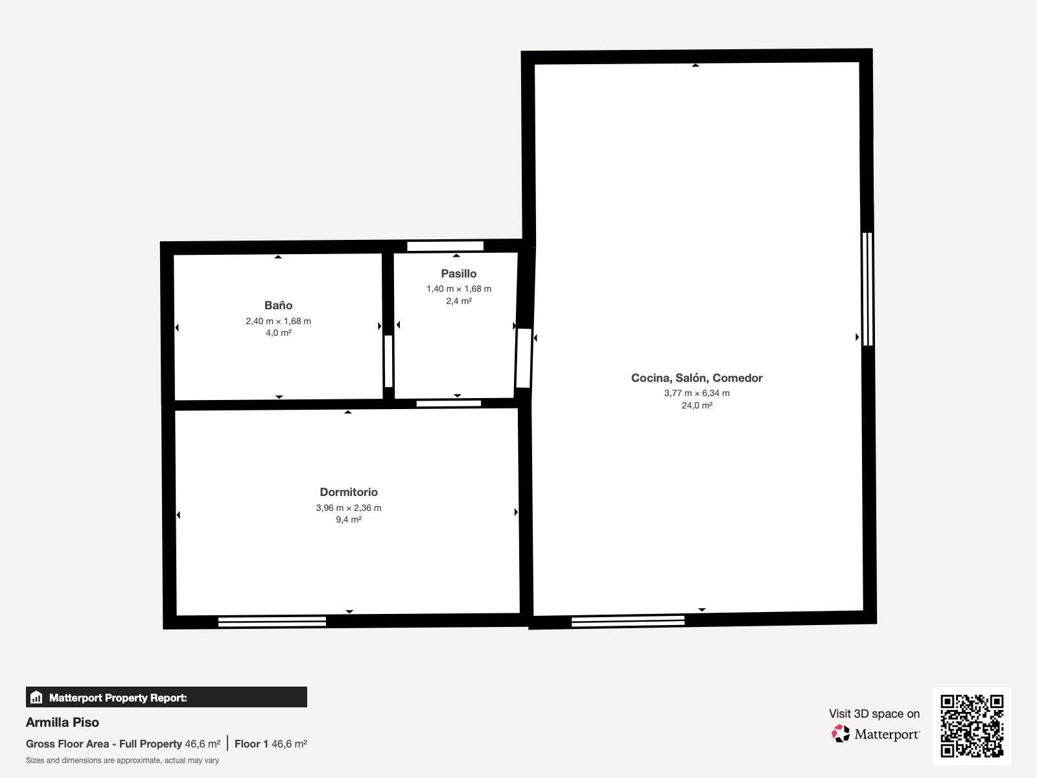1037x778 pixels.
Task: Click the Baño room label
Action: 278,305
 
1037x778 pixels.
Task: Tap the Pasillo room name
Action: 458,274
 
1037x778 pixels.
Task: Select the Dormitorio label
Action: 349,492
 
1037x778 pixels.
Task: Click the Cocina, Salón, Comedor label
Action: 697,378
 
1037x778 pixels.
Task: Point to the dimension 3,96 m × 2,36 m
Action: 349,508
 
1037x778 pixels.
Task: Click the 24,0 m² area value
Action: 697,405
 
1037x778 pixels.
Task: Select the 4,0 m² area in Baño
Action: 278,333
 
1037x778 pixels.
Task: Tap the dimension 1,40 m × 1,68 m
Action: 458,289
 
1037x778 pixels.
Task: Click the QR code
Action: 972,725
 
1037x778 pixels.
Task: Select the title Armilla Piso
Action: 62,722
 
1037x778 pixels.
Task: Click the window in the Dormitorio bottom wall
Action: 272,622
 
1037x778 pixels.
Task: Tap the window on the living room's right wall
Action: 867,289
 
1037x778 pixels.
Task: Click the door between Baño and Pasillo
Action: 388,361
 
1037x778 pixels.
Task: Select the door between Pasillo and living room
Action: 523,358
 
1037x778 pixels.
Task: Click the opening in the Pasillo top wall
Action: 445,246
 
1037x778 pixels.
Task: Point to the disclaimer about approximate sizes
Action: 122,760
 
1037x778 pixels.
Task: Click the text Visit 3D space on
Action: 874,714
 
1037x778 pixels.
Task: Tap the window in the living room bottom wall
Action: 627,621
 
